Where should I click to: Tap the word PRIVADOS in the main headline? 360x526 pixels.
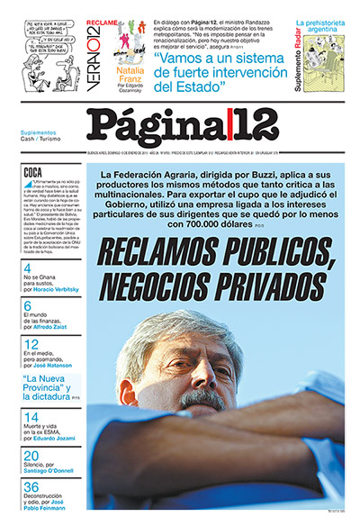[x=256, y=287]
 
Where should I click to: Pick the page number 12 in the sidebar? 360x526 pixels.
[x=31, y=344]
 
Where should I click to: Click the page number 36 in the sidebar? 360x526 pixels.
[x=32, y=487]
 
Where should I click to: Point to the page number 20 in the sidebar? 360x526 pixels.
[x=31, y=456]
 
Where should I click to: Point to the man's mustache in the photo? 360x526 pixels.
[x=202, y=397]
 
